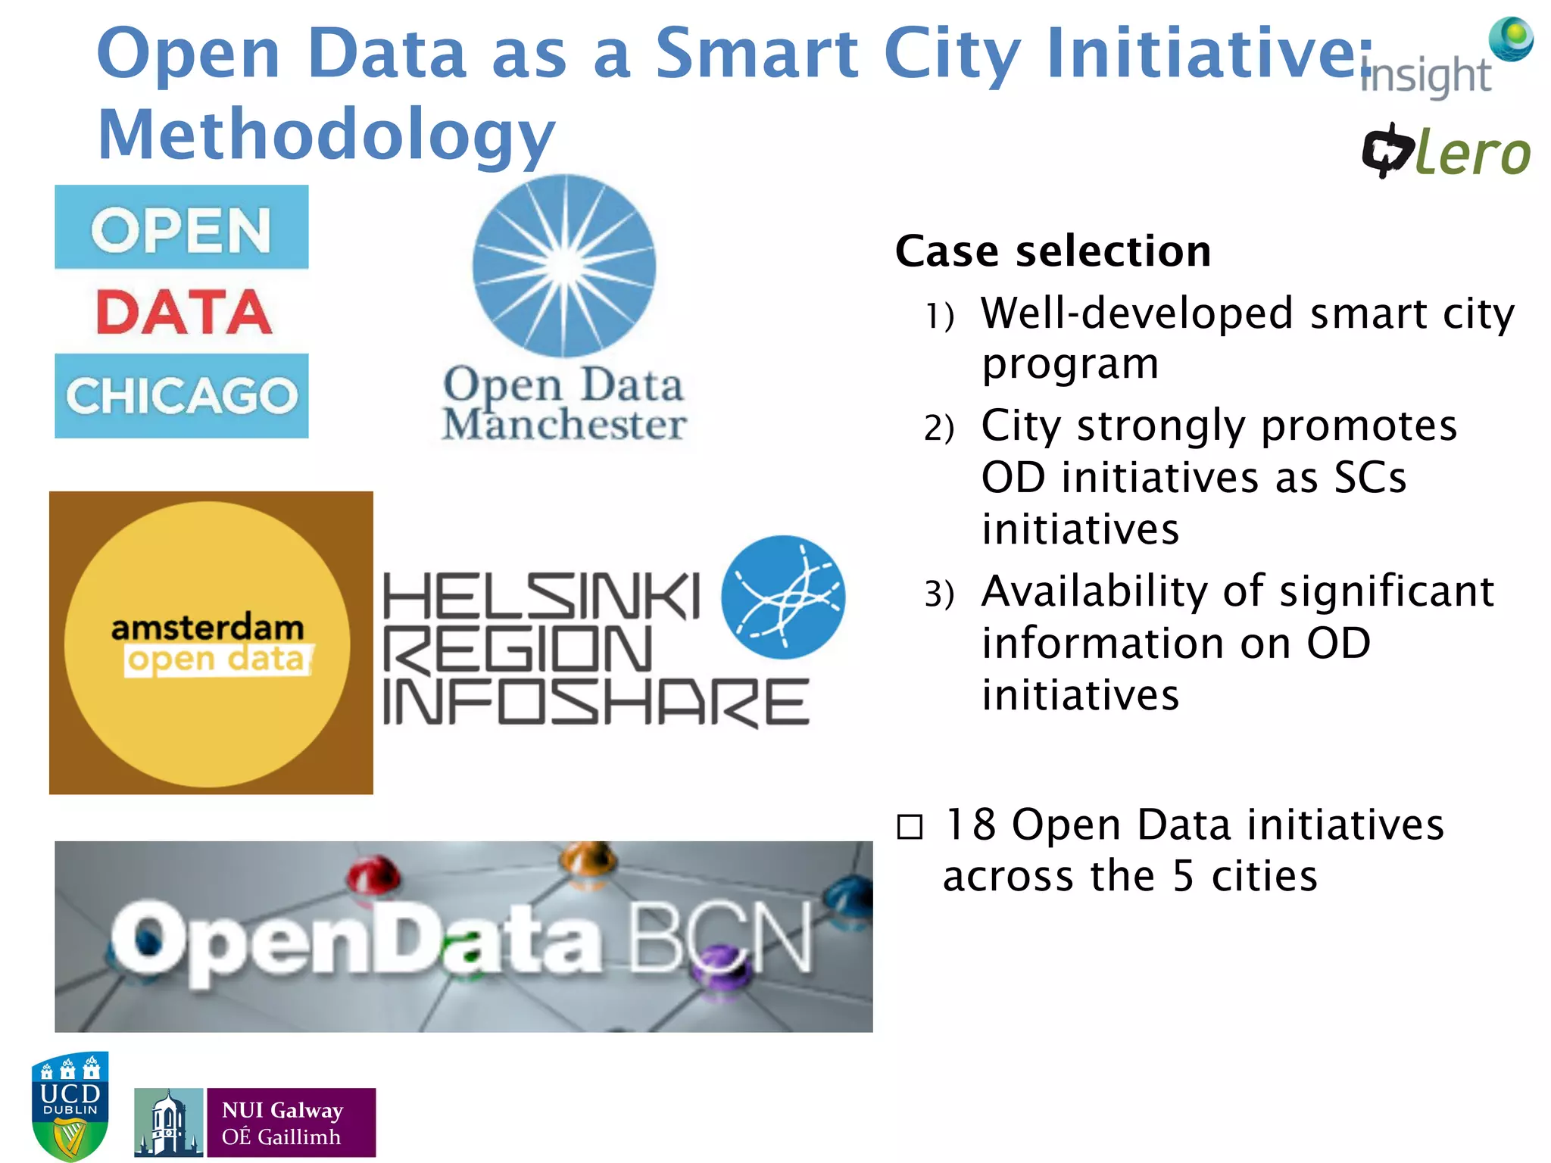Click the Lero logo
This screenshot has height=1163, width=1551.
coord(1446,151)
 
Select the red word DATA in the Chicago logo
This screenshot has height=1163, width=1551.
coord(183,312)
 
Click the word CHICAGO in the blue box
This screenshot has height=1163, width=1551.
coord(182,396)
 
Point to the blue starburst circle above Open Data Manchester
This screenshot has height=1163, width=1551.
coord(564,266)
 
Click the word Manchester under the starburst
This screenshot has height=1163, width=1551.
coord(564,425)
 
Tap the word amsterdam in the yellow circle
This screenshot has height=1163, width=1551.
coord(208,628)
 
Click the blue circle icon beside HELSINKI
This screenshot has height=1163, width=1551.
coord(783,597)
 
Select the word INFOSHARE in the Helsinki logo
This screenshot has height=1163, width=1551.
coord(596,702)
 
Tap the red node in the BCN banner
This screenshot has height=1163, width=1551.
coord(373,875)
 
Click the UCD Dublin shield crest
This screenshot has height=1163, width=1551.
coord(70,1105)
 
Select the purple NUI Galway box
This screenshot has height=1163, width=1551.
coord(291,1123)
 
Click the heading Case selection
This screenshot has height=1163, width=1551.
coord(1053,251)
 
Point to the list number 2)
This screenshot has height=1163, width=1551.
coord(938,429)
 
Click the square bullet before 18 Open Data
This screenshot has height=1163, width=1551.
coord(910,827)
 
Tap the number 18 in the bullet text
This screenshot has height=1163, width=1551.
coord(970,825)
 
